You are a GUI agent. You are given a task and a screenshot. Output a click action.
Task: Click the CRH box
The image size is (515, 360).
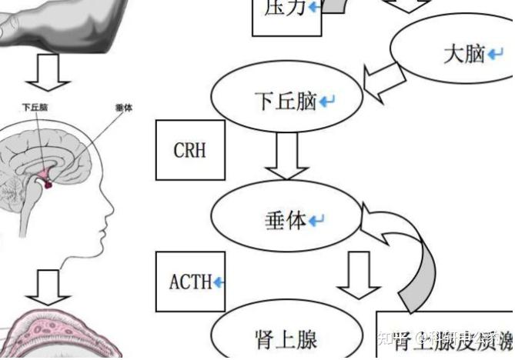point(190,149)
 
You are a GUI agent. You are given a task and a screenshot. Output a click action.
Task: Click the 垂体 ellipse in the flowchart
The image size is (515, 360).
point(286,221)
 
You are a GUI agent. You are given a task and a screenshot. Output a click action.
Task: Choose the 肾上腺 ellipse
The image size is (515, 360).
point(286,338)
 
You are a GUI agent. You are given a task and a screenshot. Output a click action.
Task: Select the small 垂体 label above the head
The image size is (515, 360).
point(123,108)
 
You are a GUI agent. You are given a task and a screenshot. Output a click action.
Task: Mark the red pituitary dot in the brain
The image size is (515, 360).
point(48,184)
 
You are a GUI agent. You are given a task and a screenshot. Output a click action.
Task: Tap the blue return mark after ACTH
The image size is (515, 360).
point(219,282)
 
